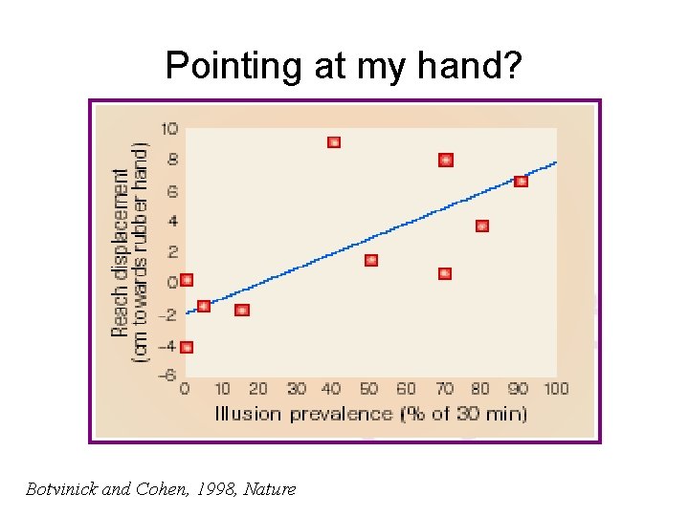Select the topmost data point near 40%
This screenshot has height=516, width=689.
[334, 142]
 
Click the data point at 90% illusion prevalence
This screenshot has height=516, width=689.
[521, 181]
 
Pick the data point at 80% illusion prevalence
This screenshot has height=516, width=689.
[482, 226]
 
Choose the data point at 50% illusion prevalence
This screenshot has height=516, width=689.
[371, 260]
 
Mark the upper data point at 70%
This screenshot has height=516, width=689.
[446, 160]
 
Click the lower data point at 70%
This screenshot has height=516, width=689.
[445, 273]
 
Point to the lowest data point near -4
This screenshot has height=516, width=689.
[187, 348]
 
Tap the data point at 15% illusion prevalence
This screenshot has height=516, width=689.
[242, 311]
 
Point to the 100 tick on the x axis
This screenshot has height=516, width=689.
[556, 389]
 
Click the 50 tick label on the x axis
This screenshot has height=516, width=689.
[370, 389]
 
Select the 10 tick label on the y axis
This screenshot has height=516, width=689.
[169, 129]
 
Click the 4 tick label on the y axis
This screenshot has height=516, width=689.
[172, 222]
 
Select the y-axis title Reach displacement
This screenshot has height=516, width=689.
[122, 253]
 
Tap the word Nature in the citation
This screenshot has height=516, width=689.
[270, 489]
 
